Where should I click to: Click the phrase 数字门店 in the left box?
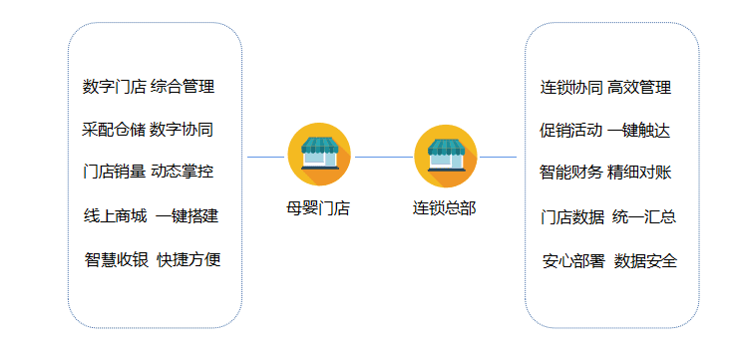[x=115, y=87]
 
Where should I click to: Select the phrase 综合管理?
[x=183, y=87]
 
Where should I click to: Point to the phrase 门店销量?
[x=115, y=172]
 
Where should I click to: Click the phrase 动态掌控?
[x=183, y=172]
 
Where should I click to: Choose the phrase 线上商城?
[x=116, y=216]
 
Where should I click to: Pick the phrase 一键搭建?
[x=186, y=216]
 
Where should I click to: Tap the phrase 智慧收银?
[x=117, y=260]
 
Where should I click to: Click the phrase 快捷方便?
[x=188, y=260]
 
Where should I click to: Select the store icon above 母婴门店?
[x=318, y=155]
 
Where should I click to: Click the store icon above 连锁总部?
[x=445, y=155]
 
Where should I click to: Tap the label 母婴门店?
[x=318, y=209]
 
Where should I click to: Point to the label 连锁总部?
[x=445, y=209]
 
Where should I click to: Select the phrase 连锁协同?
[x=571, y=88]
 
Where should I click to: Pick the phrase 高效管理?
[x=639, y=88]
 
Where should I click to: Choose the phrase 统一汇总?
[x=644, y=216]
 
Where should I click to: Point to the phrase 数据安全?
[x=646, y=261]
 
